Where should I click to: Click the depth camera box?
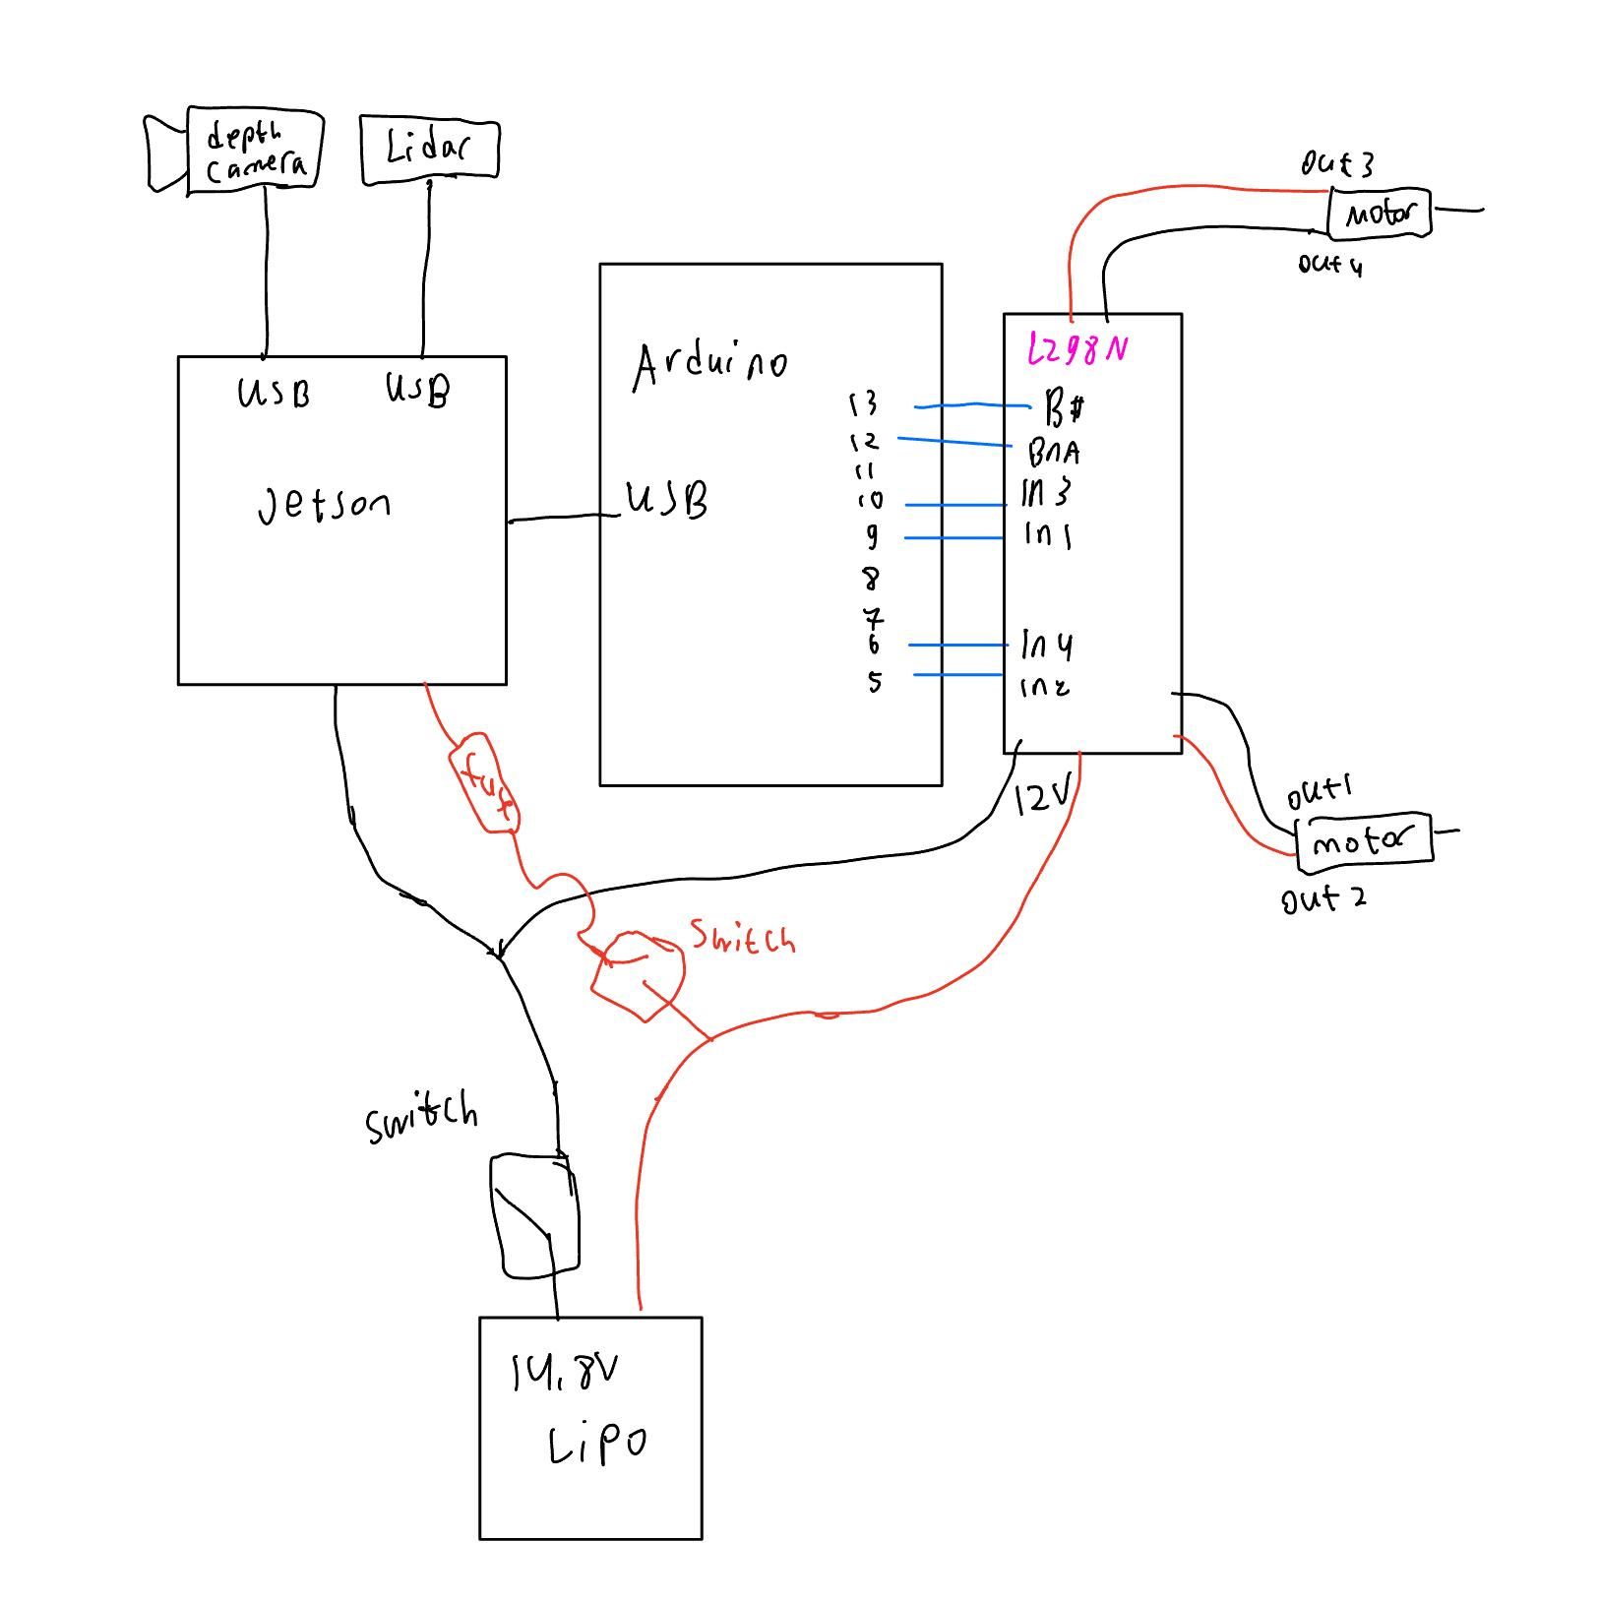pyautogui.click(x=254, y=150)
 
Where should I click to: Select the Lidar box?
pyautogui.click(x=430, y=151)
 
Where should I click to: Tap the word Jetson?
pyautogui.click(x=324, y=505)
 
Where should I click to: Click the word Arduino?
pyautogui.click(x=708, y=364)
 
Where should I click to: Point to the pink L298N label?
pyautogui.click(x=1076, y=349)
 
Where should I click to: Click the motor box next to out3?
pyautogui.click(x=1379, y=214)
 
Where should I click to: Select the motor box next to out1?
pyautogui.click(x=1364, y=842)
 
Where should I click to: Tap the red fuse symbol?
pyautogui.click(x=483, y=782)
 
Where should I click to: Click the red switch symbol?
pyautogui.click(x=639, y=974)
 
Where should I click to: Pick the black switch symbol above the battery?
pyautogui.click(x=534, y=1216)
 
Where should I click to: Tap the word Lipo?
pyautogui.click(x=596, y=1445)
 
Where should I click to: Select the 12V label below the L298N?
pyautogui.click(x=1041, y=799)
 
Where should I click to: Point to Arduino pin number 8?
pyautogui.click(x=871, y=578)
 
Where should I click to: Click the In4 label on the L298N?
pyautogui.click(x=1047, y=646)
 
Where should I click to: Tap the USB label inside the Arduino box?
pyautogui.click(x=667, y=500)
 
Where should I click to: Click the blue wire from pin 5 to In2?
pyautogui.click(x=958, y=674)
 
